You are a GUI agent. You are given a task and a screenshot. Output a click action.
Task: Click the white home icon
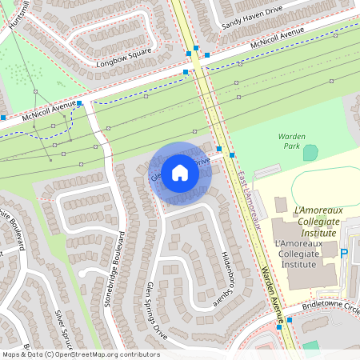pos(180,173)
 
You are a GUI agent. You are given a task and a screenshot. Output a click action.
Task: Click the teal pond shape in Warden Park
pos(310,151)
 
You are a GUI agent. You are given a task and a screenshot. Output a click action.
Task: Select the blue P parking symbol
pos(345,254)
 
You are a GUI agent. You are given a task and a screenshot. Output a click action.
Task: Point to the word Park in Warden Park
pos(292,147)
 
